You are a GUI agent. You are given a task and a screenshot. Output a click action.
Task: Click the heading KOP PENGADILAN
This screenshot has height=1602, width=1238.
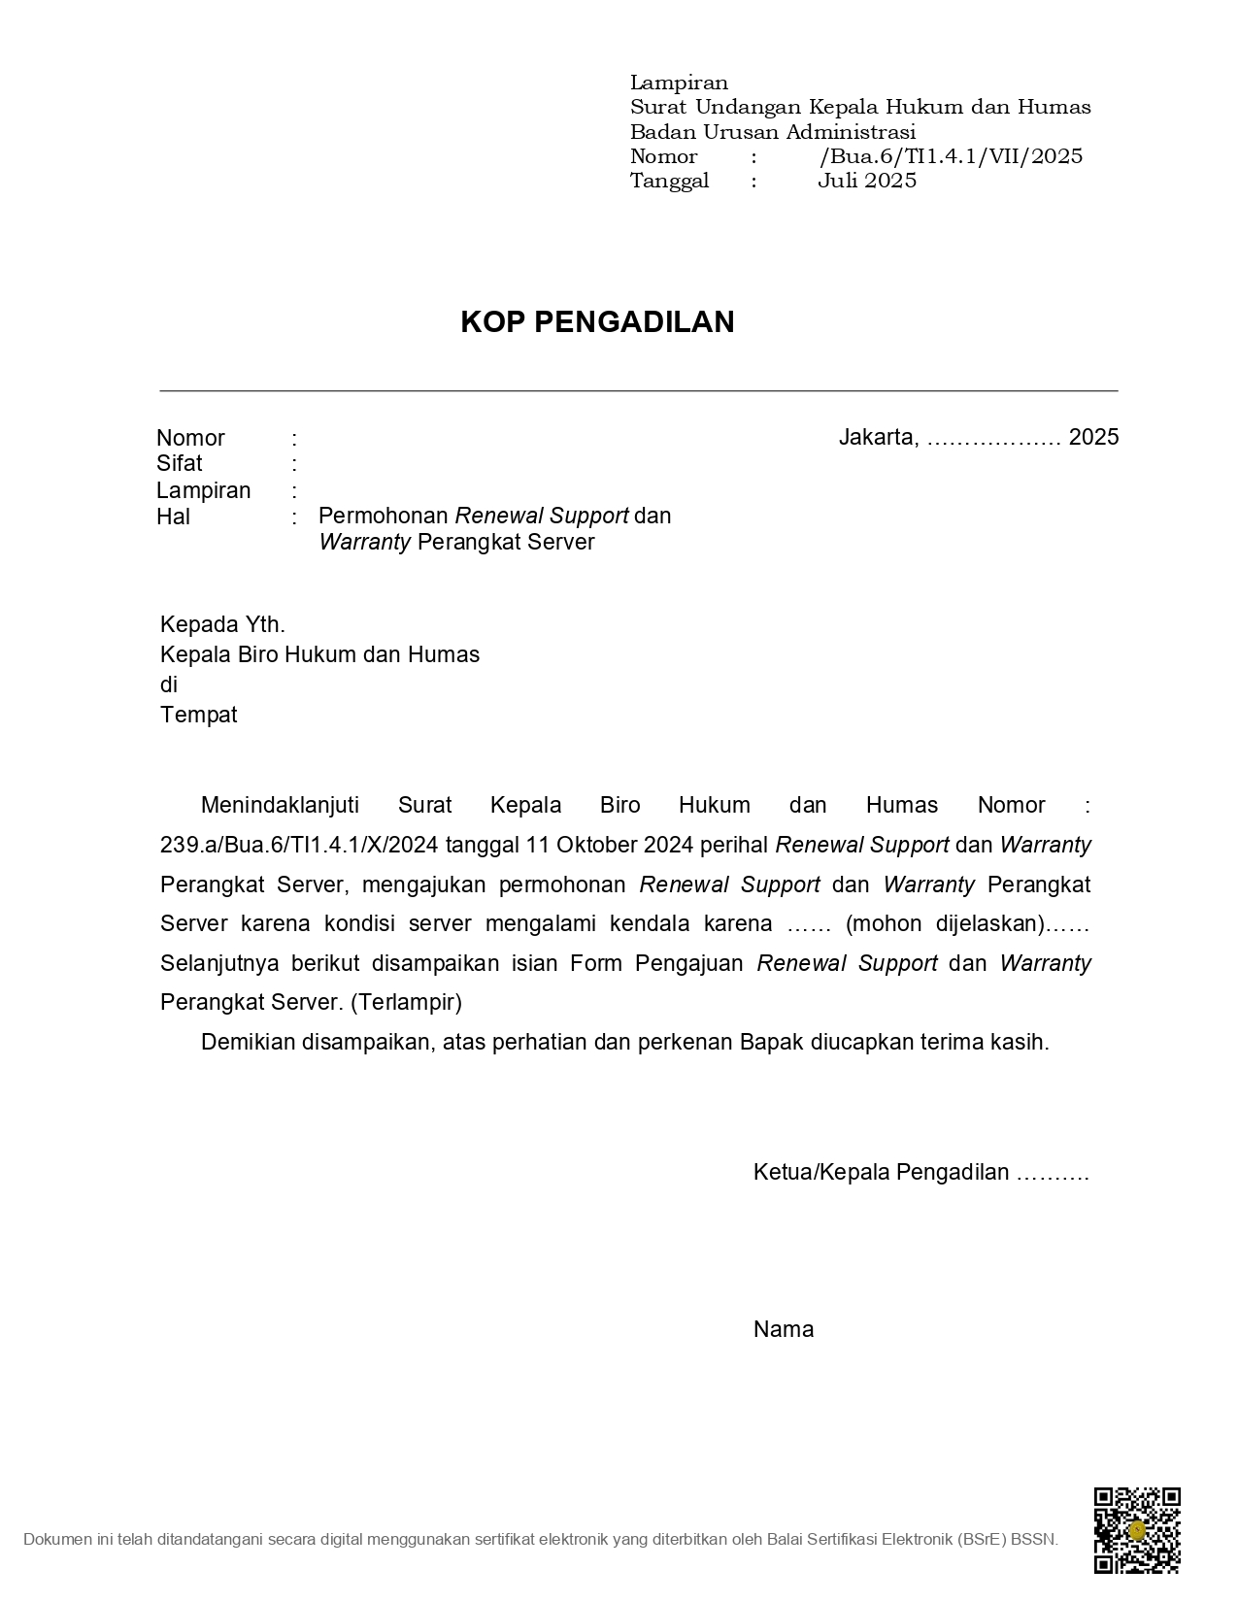point(597,322)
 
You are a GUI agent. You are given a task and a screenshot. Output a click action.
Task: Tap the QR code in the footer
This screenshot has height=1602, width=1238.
point(1136,1530)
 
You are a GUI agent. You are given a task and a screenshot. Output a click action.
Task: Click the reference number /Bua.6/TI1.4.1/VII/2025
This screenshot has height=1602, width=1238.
point(951,156)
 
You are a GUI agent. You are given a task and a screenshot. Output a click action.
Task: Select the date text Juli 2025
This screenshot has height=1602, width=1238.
point(866,181)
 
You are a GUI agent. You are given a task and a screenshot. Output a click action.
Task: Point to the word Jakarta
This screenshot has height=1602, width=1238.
point(877,437)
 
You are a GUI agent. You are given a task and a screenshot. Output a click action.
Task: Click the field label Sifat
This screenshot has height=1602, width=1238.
point(180,463)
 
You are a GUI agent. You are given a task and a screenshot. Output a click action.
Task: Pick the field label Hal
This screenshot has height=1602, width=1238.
point(173,517)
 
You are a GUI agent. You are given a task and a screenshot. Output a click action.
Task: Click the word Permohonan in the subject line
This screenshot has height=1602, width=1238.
point(383,516)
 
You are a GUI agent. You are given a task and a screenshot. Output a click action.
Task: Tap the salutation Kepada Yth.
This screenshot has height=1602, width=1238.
point(222,624)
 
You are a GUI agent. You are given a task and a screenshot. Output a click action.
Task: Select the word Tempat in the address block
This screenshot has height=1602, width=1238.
point(198,716)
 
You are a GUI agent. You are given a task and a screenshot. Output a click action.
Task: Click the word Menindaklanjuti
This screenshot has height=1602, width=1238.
point(280,805)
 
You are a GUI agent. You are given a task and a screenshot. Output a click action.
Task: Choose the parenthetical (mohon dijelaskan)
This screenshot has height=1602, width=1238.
point(945,924)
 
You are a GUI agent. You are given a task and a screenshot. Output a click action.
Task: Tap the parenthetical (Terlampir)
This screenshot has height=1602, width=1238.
point(406,1002)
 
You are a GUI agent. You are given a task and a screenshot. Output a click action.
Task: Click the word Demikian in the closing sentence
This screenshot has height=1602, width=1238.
point(248,1043)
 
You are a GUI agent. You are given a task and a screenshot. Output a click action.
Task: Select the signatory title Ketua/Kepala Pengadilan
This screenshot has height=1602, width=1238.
point(881,1173)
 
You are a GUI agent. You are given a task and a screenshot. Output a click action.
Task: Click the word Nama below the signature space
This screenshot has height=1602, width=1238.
point(783,1330)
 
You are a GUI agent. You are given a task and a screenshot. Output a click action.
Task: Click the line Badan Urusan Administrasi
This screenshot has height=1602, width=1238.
point(772,132)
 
